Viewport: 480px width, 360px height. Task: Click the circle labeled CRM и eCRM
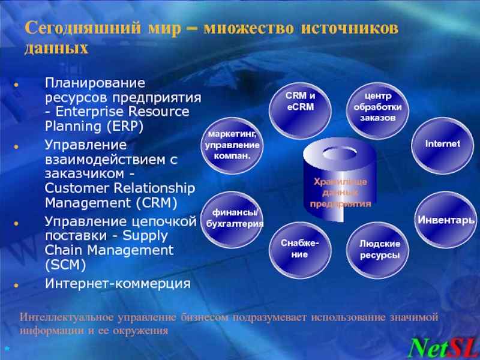point(300,111)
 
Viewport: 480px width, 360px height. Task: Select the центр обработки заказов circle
point(377,111)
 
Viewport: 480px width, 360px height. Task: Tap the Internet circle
point(443,146)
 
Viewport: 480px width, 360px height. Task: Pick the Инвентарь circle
point(446,220)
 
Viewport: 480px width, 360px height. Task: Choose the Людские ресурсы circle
point(377,250)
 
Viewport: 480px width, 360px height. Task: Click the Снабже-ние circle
point(300,250)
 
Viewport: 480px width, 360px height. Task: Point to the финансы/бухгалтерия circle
point(232,220)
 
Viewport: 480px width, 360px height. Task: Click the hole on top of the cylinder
point(340,153)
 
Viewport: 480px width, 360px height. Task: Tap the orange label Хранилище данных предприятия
point(340,193)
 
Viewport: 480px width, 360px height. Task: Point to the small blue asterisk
point(7,349)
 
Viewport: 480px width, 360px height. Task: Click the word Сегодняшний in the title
point(83,28)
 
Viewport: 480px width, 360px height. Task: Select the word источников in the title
point(350,28)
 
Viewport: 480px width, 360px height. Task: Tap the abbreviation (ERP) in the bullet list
point(125,126)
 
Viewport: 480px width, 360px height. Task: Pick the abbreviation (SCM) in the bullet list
point(65,265)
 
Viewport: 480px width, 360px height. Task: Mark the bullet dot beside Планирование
point(16,85)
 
